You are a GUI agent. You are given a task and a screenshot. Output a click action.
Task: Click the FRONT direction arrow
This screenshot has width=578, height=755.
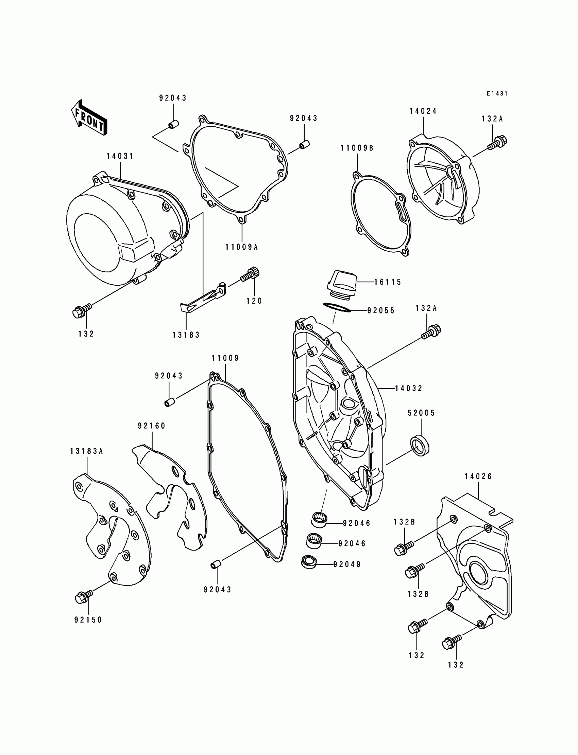click(x=89, y=118)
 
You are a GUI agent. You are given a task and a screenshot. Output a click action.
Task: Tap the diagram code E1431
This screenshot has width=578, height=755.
click(x=497, y=93)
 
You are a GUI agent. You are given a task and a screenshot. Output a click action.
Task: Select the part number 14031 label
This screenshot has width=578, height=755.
click(x=120, y=156)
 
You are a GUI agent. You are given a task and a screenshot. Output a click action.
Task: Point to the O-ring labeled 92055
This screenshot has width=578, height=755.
click(x=337, y=307)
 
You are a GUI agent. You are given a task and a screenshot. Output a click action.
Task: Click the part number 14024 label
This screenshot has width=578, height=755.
click(x=423, y=111)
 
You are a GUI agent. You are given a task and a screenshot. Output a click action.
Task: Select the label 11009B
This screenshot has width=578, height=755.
click(x=357, y=148)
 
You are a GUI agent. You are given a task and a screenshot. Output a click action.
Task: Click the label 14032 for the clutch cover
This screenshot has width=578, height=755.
click(x=409, y=389)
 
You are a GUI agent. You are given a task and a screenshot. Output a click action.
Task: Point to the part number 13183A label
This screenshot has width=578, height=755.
click(x=86, y=451)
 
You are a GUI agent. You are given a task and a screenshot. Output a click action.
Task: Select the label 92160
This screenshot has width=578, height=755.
click(x=152, y=426)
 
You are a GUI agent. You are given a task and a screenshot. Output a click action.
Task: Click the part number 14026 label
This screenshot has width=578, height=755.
click(x=478, y=477)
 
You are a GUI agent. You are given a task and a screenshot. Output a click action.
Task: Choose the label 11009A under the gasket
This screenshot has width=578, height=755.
click(x=241, y=247)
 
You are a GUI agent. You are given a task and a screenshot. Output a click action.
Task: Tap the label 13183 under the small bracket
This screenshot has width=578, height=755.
click(x=186, y=335)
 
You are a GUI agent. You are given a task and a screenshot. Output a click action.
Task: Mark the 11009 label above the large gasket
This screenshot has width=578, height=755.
click(x=225, y=358)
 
